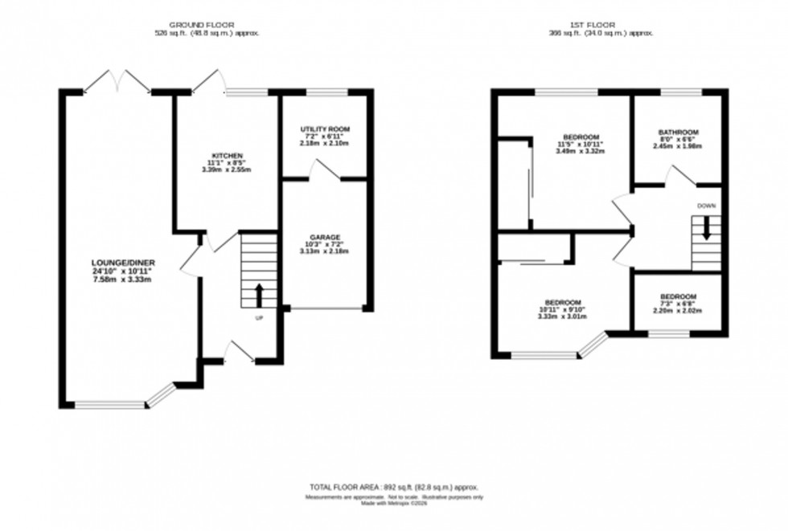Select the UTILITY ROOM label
[325, 129]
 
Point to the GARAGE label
[325, 237]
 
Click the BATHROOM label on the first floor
[678, 132]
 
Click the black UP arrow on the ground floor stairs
[259, 296]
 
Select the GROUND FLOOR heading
[207, 25]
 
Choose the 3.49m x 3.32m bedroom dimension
[579, 151]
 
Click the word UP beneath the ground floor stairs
[259, 318]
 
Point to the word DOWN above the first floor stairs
[707, 206]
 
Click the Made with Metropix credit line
[393, 504]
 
